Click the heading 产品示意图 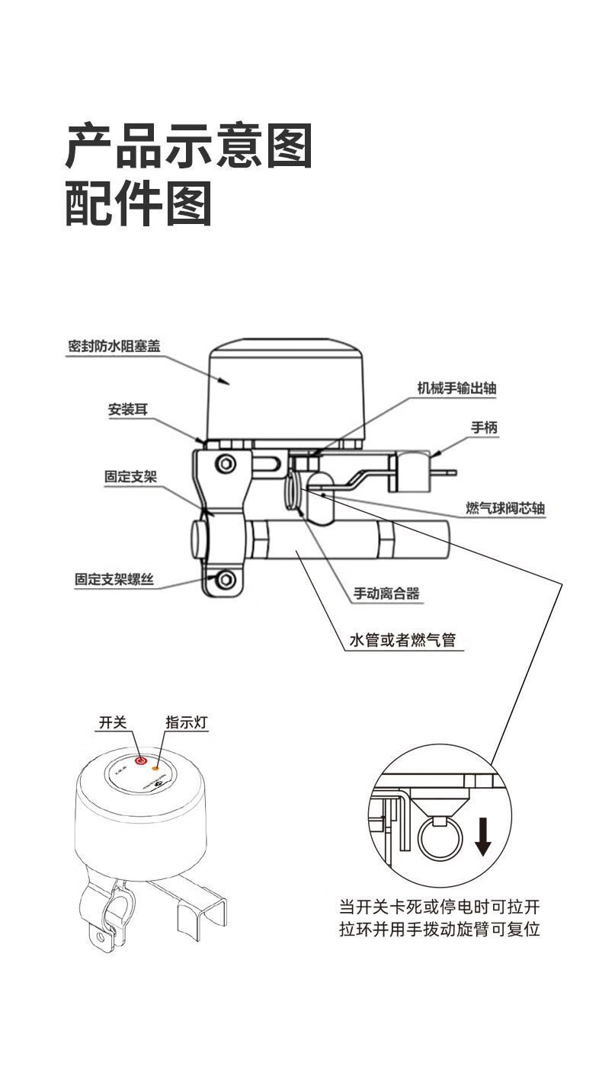click(189, 146)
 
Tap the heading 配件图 click(138, 203)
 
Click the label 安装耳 click(127, 410)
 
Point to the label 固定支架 click(130, 478)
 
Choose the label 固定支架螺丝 click(114, 580)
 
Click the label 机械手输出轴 click(456, 388)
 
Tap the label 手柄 click(484, 428)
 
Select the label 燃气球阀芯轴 click(505, 508)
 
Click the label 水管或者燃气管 click(402, 640)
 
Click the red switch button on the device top click(140, 760)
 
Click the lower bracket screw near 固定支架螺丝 click(225, 581)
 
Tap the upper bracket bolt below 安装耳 click(225, 464)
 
